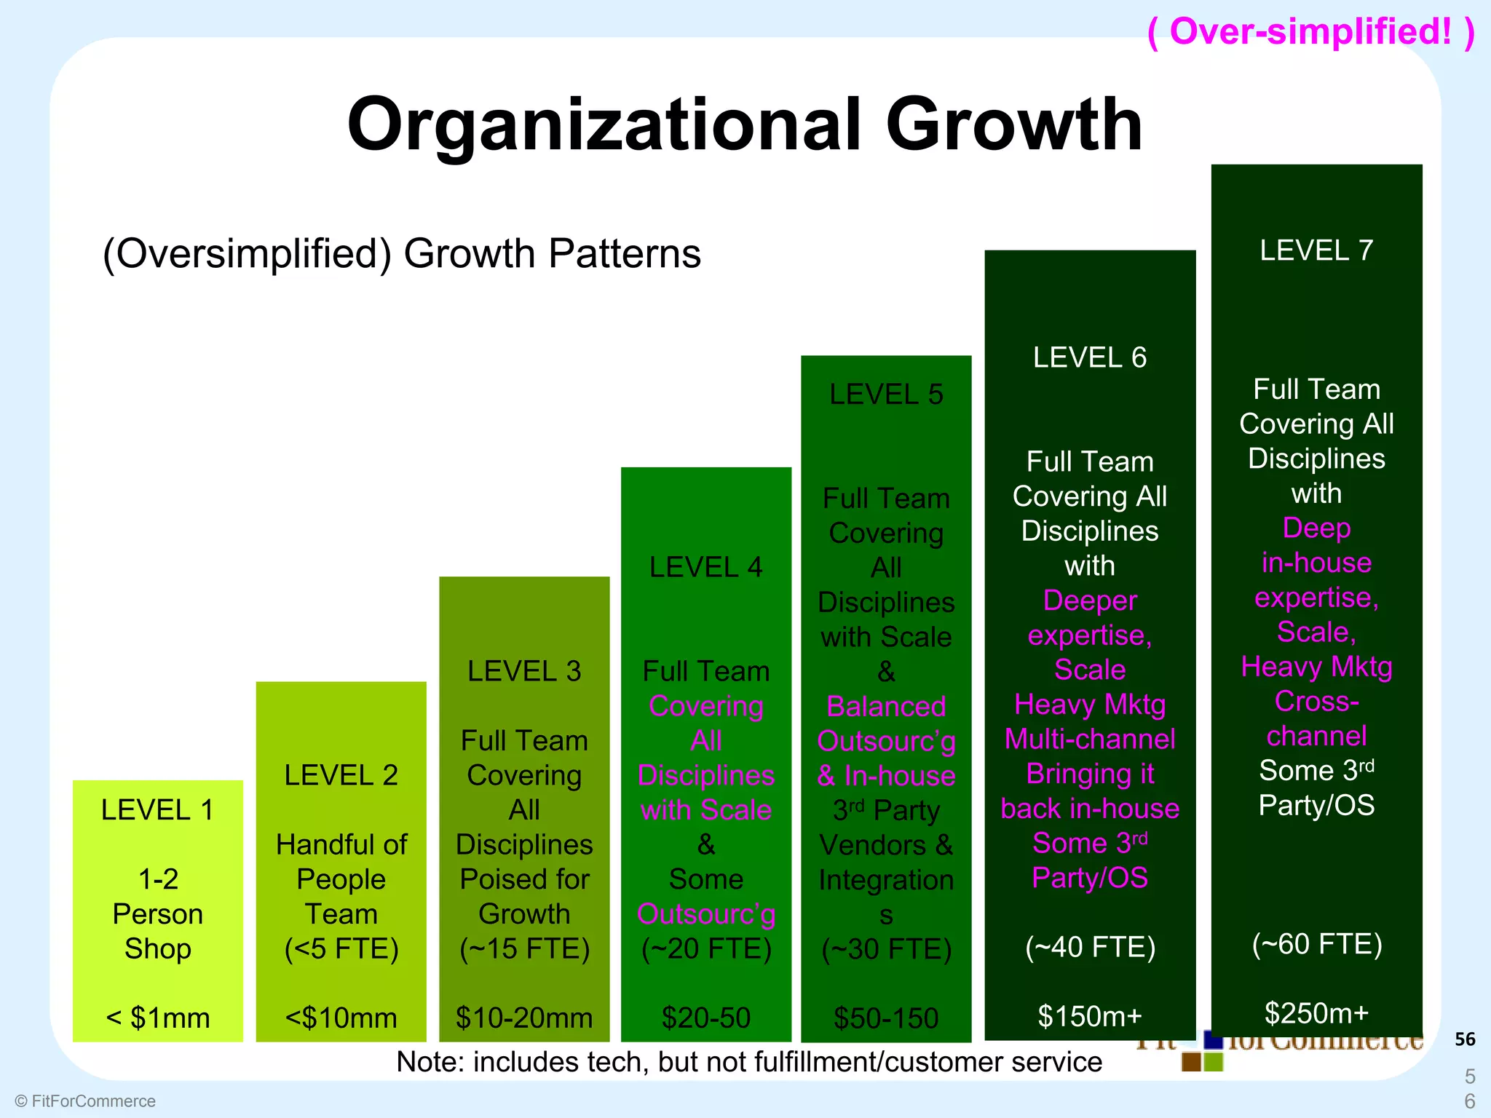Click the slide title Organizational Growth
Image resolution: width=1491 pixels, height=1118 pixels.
click(744, 124)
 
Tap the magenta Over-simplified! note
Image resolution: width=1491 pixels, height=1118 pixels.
click(1310, 32)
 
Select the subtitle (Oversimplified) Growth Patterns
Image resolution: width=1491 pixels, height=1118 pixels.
click(402, 254)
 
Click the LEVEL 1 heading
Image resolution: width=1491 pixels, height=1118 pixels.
click(158, 810)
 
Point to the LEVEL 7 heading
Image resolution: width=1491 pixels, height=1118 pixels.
click(1316, 250)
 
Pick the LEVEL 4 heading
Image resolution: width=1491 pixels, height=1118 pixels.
click(705, 567)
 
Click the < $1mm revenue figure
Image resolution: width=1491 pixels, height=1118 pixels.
click(158, 1018)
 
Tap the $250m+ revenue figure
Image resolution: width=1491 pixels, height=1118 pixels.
click(1316, 1013)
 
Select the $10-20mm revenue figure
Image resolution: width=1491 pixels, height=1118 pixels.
click(524, 1018)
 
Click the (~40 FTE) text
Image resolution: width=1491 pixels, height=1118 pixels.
click(1090, 947)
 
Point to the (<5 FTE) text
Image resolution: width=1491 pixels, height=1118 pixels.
click(341, 948)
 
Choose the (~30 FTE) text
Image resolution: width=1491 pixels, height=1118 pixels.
click(886, 949)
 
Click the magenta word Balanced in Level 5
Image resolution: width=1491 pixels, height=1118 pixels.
click(886, 706)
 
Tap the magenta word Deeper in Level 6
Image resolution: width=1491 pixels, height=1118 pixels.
click(1090, 600)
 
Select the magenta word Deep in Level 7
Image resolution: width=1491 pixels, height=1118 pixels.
click(1316, 528)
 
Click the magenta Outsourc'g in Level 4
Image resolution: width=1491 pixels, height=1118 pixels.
click(705, 914)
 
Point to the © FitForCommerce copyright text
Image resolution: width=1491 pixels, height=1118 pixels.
click(85, 1101)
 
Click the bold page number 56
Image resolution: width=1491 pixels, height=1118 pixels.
click(1465, 1039)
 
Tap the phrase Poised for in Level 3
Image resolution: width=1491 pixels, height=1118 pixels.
click(524, 879)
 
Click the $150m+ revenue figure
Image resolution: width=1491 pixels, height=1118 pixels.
click(1090, 1016)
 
